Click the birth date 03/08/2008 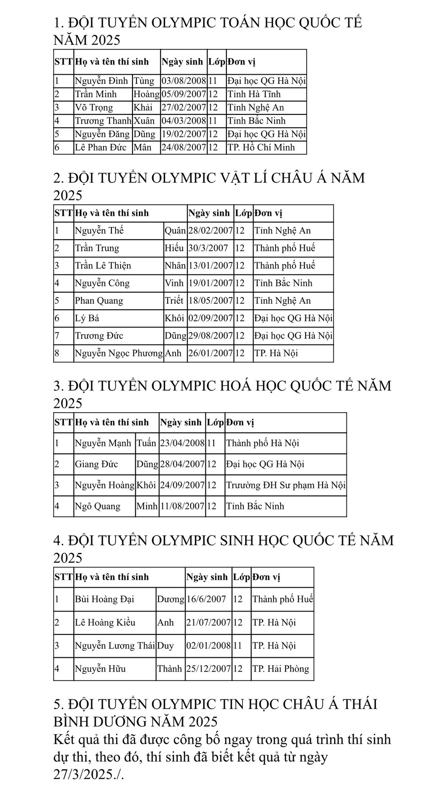(x=184, y=81)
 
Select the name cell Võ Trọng (x=94, y=108)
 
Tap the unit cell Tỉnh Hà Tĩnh (x=254, y=94)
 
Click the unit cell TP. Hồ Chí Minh (x=261, y=147)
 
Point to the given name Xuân (x=144, y=121)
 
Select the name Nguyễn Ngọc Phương (x=119, y=353)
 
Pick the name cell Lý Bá (x=87, y=318)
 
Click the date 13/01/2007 (x=210, y=266)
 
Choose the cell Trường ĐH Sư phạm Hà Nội (x=286, y=486)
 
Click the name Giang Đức (x=96, y=464)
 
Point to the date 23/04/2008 (x=182, y=443)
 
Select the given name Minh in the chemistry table (x=147, y=507)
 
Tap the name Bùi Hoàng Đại (x=104, y=600)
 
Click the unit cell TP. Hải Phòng (x=280, y=669)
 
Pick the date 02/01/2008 (x=208, y=646)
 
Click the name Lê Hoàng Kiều (x=105, y=623)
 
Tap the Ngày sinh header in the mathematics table (x=182, y=62)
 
